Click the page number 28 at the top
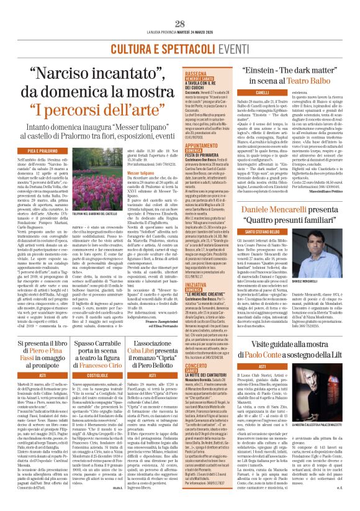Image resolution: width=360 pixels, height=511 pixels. (180, 24)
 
